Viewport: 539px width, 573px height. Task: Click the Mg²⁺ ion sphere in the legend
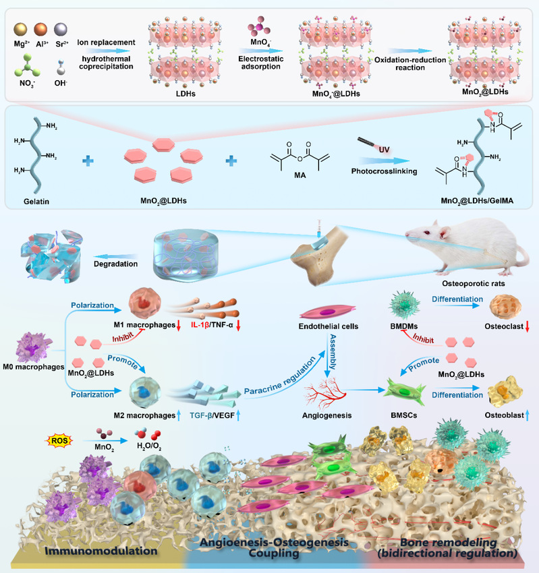tap(20, 29)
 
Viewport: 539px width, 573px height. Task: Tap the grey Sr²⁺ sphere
tap(61, 29)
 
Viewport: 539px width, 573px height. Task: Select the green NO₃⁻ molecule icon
tap(28, 65)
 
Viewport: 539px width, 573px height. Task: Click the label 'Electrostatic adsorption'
tap(260, 63)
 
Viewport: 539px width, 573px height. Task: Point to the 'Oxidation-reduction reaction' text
tap(410, 63)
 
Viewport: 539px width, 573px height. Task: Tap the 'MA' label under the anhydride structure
tap(300, 175)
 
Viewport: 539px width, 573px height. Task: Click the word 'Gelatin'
tap(36, 202)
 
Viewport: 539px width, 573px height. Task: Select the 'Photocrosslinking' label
tap(384, 171)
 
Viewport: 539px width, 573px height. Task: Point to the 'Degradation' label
tap(115, 264)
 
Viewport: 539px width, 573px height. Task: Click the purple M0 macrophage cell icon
tap(34, 346)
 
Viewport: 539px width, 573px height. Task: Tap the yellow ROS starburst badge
tap(59, 441)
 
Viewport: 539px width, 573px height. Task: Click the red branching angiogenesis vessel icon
tap(324, 394)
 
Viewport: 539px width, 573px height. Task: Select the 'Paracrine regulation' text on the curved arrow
tap(280, 375)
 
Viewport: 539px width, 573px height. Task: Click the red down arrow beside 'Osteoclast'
tap(528, 326)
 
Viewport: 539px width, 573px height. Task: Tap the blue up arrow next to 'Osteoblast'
tap(528, 415)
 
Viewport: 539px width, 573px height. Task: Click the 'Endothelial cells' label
tap(329, 326)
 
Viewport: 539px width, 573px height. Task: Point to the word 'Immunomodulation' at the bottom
tap(101, 551)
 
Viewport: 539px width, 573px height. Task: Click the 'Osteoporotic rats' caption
tap(473, 284)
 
